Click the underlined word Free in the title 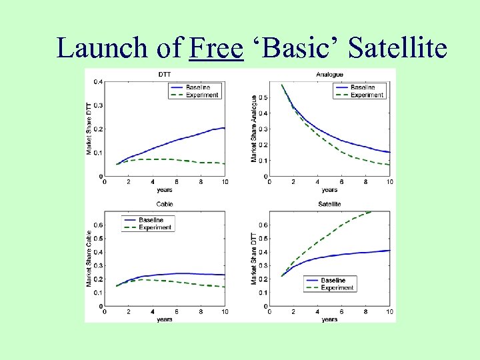pyautogui.click(x=216, y=48)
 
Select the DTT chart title pyautogui.click(x=164, y=74)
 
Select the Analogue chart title pyautogui.click(x=329, y=74)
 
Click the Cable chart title pyautogui.click(x=164, y=204)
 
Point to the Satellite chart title pyautogui.click(x=329, y=204)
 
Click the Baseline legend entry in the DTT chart pyautogui.click(x=197, y=87)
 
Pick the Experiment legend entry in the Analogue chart pyautogui.click(x=367, y=95)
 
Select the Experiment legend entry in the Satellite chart pyautogui.click(x=337, y=287)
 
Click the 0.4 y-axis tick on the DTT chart pyautogui.click(x=98, y=82)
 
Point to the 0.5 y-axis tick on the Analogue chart pyautogui.click(x=264, y=97)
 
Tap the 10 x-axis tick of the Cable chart pyautogui.click(x=225, y=312)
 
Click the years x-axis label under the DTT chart pyautogui.click(x=163, y=189)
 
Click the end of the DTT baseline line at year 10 pyautogui.click(x=225, y=128)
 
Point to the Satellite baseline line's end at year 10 pyautogui.click(x=390, y=251)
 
